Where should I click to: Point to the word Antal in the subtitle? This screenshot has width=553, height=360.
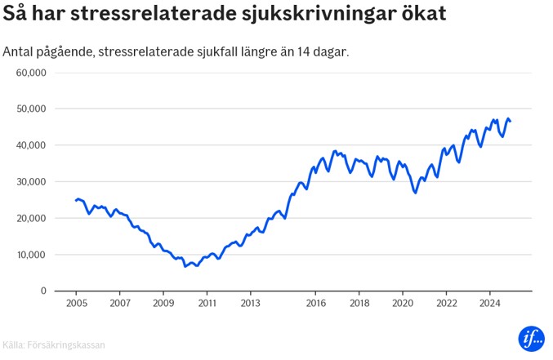click(x=20, y=52)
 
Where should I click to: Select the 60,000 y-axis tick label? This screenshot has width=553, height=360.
click(x=32, y=73)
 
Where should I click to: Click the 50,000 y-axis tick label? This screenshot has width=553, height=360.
click(x=32, y=109)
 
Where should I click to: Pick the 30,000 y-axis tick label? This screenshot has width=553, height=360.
click(x=32, y=181)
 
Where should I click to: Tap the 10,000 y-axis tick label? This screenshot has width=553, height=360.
click(x=32, y=254)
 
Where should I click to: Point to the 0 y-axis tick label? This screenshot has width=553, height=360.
click(x=44, y=291)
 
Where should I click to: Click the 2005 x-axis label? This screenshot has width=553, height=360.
click(x=76, y=303)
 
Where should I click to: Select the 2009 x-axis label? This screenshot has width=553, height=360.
click(x=163, y=303)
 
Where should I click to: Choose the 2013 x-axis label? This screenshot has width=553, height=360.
click(x=250, y=303)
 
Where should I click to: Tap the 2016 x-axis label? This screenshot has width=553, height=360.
click(x=315, y=303)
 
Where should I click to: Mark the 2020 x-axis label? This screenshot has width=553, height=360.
click(x=402, y=303)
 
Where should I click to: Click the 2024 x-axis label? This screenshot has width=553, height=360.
click(x=488, y=303)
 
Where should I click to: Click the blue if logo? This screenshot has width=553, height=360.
click(x=531, y=338)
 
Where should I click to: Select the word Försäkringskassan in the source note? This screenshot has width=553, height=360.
click(x=68, y=345)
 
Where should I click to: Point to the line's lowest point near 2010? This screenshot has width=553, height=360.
click(x=185, y=266)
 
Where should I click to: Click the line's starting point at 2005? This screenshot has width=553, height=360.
click(x=75, y=200)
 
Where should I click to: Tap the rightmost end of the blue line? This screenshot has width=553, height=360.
click(x=511, y=122)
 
